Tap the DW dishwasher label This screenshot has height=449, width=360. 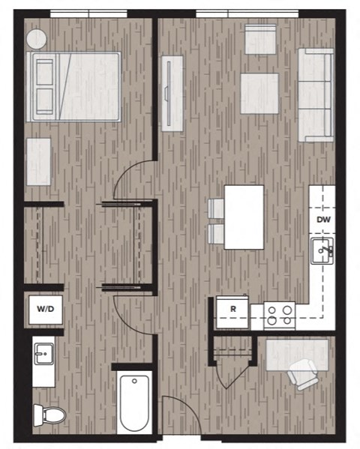click(x=323, y=220)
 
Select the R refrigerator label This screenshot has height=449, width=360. click(x=232, y=308)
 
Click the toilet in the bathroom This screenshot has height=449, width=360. click(x=49, y=413)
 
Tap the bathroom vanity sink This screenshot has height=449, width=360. click(x=43, y=352)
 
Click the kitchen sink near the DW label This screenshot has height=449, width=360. click(x=323, y=250)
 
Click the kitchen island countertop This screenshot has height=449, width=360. click(x=244, y=217)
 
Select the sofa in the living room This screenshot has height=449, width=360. click(x=316, y=94)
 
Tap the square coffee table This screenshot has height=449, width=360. click(x=259, y=94)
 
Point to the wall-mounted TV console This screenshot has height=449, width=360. click(x=172, y=93)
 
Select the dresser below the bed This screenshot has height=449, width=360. click(x=38, y=162)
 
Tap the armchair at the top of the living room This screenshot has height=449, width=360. click(x=260, y=39)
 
